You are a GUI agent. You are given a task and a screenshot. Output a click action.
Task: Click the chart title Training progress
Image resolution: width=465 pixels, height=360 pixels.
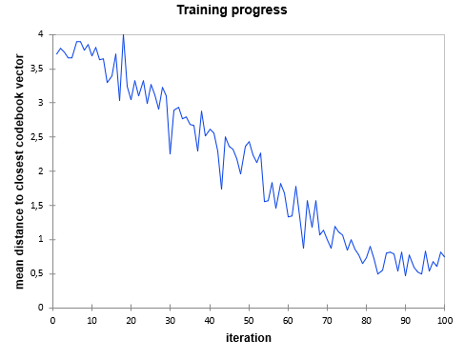click(232, 10)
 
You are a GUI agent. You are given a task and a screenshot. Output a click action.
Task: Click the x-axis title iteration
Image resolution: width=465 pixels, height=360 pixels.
click(248, 338)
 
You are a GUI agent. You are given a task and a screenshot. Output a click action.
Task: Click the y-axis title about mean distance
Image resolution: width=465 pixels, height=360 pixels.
click(20, 170)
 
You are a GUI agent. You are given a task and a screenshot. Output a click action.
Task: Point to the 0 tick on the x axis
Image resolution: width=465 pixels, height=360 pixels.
click(52, 320)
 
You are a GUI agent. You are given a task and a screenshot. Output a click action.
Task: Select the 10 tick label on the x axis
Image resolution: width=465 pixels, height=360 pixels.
click(91, 320)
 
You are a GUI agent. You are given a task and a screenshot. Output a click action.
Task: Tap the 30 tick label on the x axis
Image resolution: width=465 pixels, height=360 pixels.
click(170, 320)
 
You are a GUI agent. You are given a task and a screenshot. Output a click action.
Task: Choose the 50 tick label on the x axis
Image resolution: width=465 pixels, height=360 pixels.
click(249, 320)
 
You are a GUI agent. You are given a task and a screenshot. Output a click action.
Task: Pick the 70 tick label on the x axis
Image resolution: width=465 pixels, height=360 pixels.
click(327, 320)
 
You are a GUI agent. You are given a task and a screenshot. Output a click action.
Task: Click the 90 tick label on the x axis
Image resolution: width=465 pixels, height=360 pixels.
click(406, 320)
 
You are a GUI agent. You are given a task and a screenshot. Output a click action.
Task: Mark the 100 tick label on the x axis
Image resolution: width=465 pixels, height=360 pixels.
click(444, 320)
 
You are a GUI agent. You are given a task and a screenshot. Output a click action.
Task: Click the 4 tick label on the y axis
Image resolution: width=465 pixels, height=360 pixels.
click(41, 34)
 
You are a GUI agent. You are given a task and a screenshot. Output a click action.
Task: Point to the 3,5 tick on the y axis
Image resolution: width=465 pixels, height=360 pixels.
click(37, 69)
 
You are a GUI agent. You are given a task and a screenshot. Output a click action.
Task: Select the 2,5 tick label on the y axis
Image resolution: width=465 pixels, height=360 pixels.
click(37, 137)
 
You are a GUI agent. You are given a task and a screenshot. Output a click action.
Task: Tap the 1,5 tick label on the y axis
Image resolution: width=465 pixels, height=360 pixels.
click(37, 206)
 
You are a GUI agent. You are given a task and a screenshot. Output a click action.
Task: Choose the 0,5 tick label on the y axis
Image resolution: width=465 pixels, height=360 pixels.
click(37, 274)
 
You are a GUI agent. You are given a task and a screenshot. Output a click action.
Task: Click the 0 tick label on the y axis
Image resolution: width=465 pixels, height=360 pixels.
click(41, 308)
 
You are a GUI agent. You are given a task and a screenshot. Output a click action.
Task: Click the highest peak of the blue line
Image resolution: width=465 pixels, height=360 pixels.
click(123, 35)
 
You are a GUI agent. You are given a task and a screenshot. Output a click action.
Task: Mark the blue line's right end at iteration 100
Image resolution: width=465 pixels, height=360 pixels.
click(445, 257)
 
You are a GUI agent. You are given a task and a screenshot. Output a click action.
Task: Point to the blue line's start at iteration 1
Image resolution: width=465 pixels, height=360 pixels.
click(56, 54)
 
